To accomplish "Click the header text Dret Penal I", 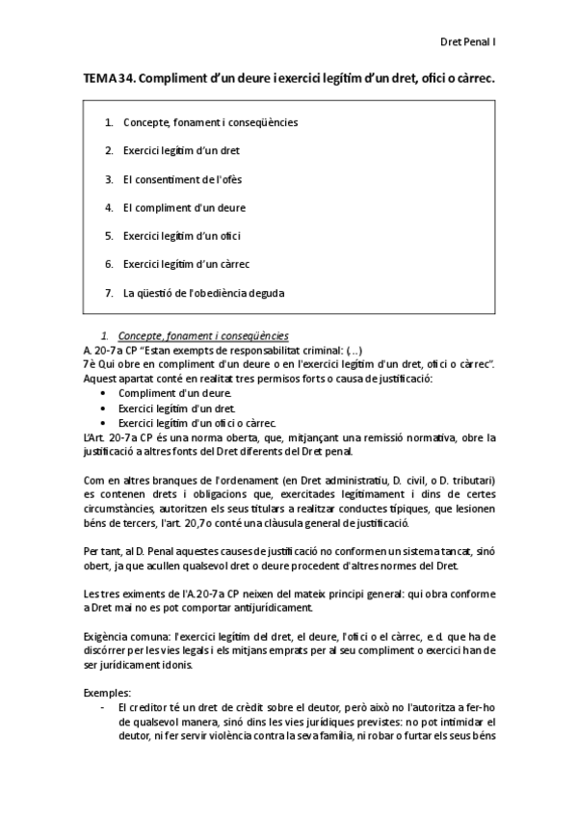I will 467,42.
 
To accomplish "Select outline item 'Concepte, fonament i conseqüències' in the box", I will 210,123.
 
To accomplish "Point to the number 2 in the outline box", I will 110,151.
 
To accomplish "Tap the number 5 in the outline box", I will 110,235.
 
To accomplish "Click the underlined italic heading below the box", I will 201,335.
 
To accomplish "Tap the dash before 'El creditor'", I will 103,707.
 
